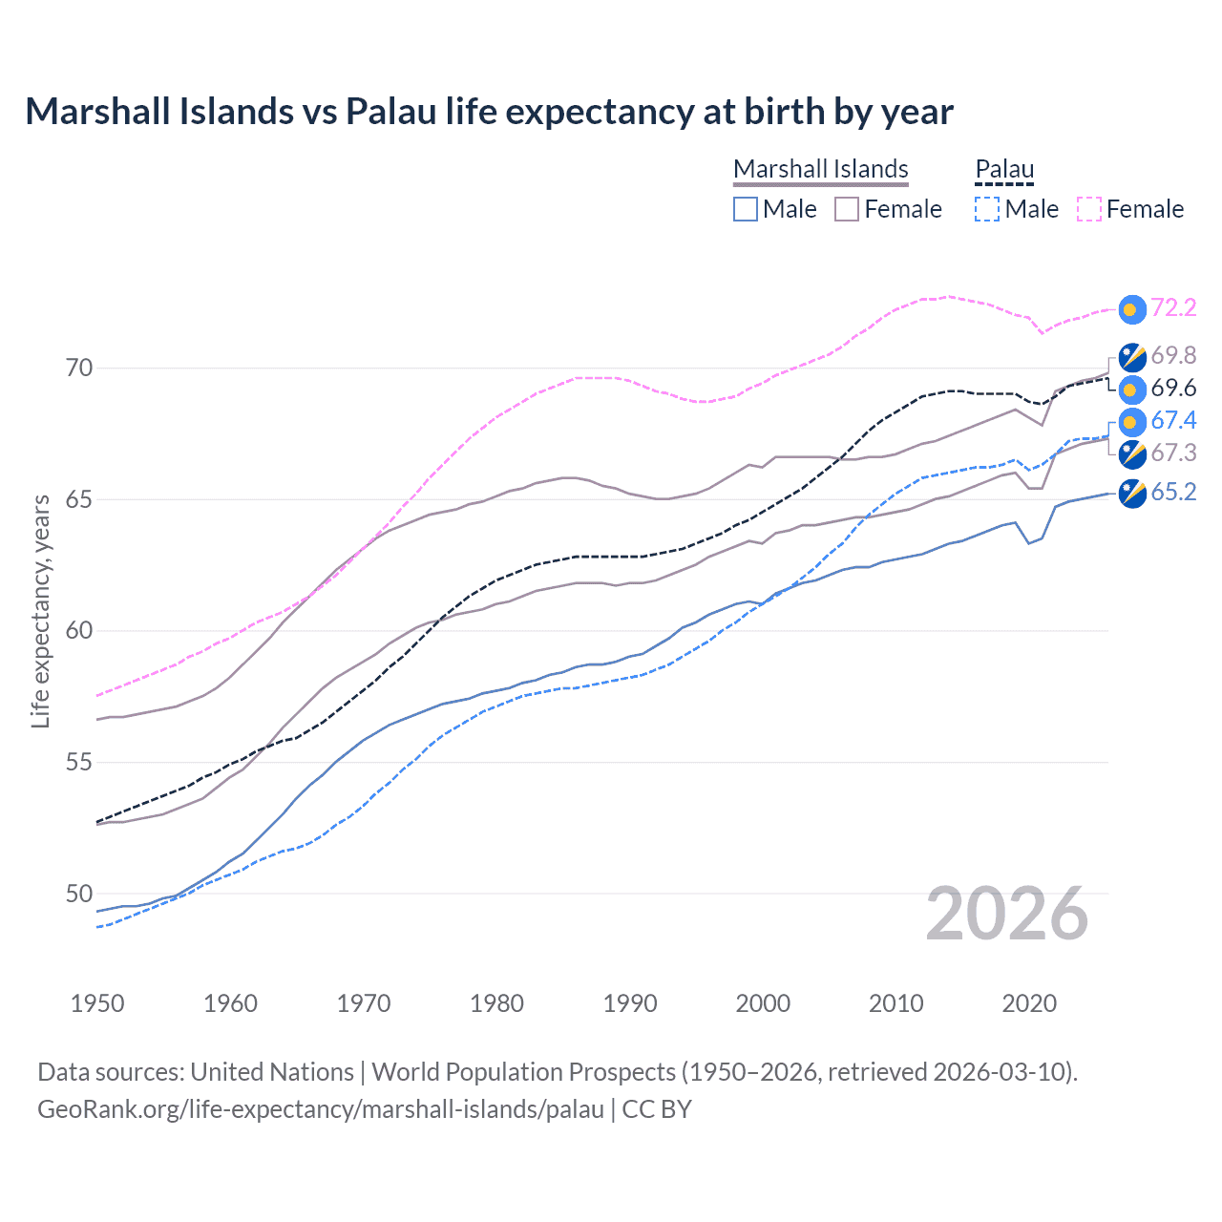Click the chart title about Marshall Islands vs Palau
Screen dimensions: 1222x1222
tap(489, 112)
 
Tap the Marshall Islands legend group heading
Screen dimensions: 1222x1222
tap(820, 169)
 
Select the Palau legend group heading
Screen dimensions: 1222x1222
tap(1003, 169)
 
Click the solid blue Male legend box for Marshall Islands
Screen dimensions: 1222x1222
tap(746, 209)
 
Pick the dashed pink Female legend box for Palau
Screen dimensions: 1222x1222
tap(1088, 209)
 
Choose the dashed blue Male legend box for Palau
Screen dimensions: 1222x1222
tap(987, 209)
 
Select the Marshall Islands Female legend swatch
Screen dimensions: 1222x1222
tap(847, 209)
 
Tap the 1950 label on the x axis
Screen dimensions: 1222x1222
tap(97, 1003)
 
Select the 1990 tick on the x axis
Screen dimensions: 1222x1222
tap(630, 1003)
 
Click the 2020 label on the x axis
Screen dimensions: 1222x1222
tap(1029, 1003)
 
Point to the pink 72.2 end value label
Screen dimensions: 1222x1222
tap(1173, 307)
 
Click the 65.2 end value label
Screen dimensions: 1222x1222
tap(1173, 492)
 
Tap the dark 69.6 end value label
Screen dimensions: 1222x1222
tap(1173, 388)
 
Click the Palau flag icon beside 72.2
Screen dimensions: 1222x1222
tap(1131, 308)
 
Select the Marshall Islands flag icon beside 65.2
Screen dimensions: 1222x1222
tap(1131, 494)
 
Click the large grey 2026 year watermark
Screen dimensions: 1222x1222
tap(1007, 914)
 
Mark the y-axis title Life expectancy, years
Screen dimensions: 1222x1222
tap(41, 611)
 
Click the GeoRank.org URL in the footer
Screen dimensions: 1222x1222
tap(321, 1109)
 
